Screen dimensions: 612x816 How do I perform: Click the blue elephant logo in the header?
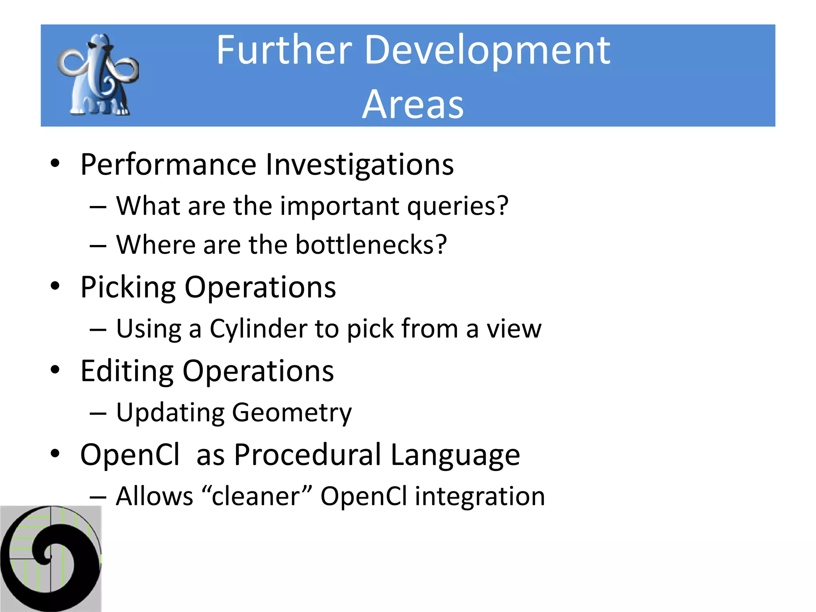point(98,75)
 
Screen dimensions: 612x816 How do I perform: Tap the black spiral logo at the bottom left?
point(51,559)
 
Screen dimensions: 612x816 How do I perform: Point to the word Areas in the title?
point(413,104)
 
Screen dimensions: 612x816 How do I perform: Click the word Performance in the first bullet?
point(168,164)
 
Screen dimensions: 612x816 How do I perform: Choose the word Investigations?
point(359,164)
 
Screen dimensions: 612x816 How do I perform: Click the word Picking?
point(127,287)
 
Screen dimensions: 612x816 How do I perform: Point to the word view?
point(514,329)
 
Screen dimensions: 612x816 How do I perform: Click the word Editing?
point(127,371)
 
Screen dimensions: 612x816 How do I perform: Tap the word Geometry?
point(292,413)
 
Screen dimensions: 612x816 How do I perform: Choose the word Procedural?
point(307,455)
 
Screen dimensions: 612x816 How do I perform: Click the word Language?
point(455,455)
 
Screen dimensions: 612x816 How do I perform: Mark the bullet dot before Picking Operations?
point(55,286)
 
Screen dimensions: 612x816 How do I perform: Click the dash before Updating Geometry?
point(98,414)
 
